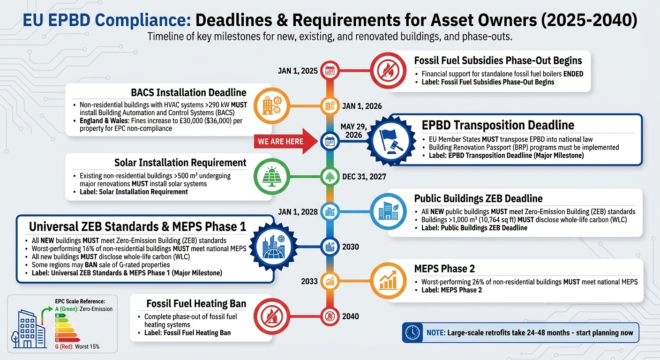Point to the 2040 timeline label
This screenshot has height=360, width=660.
coord(351,316)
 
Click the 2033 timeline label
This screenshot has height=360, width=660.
coord(309,282)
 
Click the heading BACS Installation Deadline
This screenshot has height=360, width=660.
coord(189,92)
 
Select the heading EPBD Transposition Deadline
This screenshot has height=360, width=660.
coord(498,125)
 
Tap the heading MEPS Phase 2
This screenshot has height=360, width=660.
coord(444,269)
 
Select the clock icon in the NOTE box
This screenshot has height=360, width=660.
coord(412,333)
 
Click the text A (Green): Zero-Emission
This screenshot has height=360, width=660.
coord(84,309)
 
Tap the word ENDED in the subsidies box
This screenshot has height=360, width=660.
coord(573,74)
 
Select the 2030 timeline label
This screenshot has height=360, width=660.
coord(351,247)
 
